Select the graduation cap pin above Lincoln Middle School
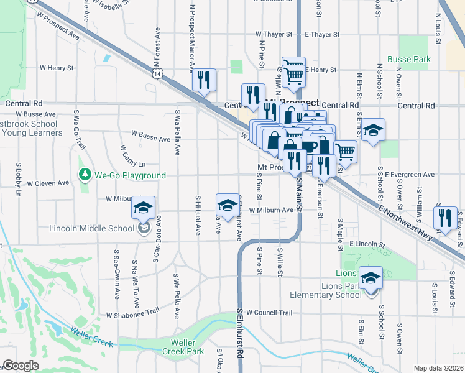pyautogui.click(x=144, y=208)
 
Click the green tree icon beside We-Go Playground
pyautogui.click(x=85, y=175)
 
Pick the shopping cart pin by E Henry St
pyautogui.click(x=293, y=74)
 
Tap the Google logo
pyautogui.click(x=21, y=366)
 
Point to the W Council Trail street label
pyautogui.click(x=269, y=313)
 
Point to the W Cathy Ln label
pyautogui.click(x=133, y=159)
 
